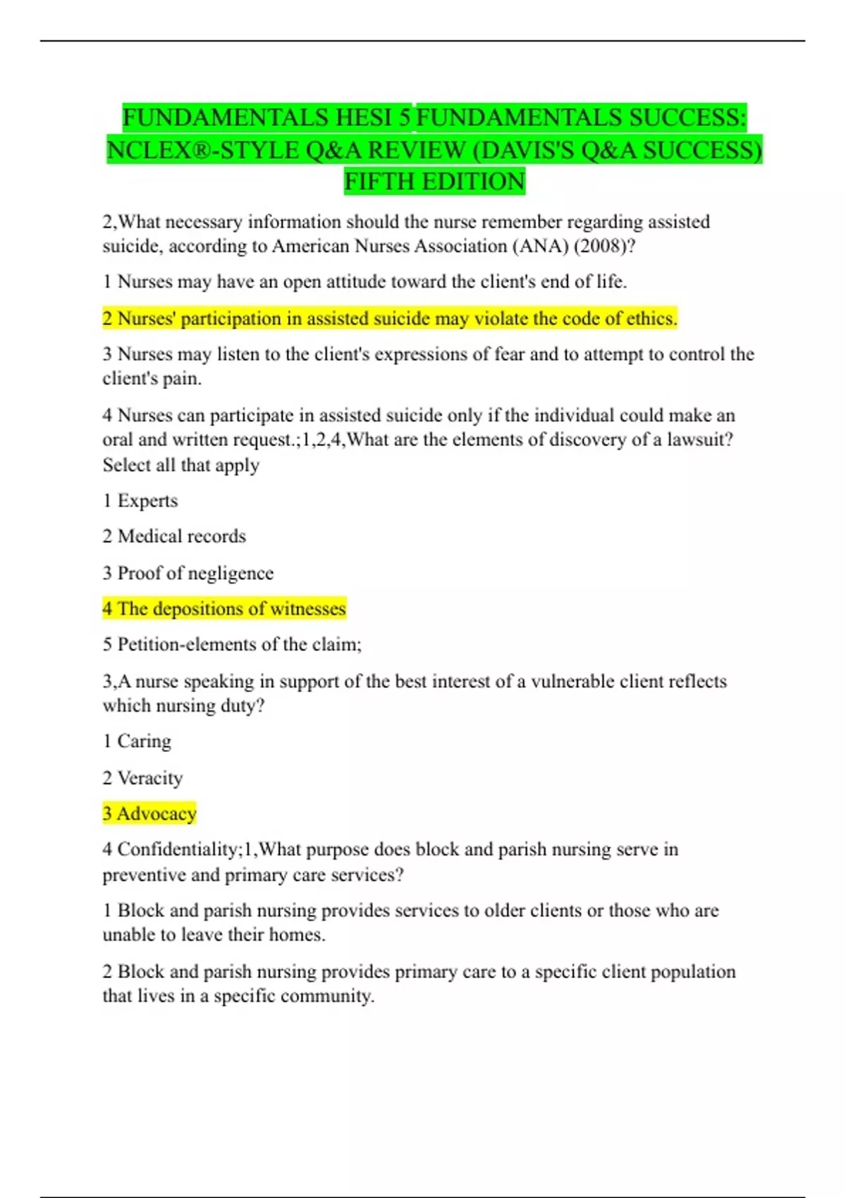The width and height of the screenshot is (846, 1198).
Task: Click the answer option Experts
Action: [x=147, y=501]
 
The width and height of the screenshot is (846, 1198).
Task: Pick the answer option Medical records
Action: [x=181, y=536]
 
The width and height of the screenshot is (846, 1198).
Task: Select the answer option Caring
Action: [x=144, y=741]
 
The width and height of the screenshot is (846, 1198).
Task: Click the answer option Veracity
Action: [x=149, y=778]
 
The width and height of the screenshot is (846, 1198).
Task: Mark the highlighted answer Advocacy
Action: [x=156, y=814]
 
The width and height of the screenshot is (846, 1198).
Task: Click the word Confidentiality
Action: [x=178, y=849]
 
